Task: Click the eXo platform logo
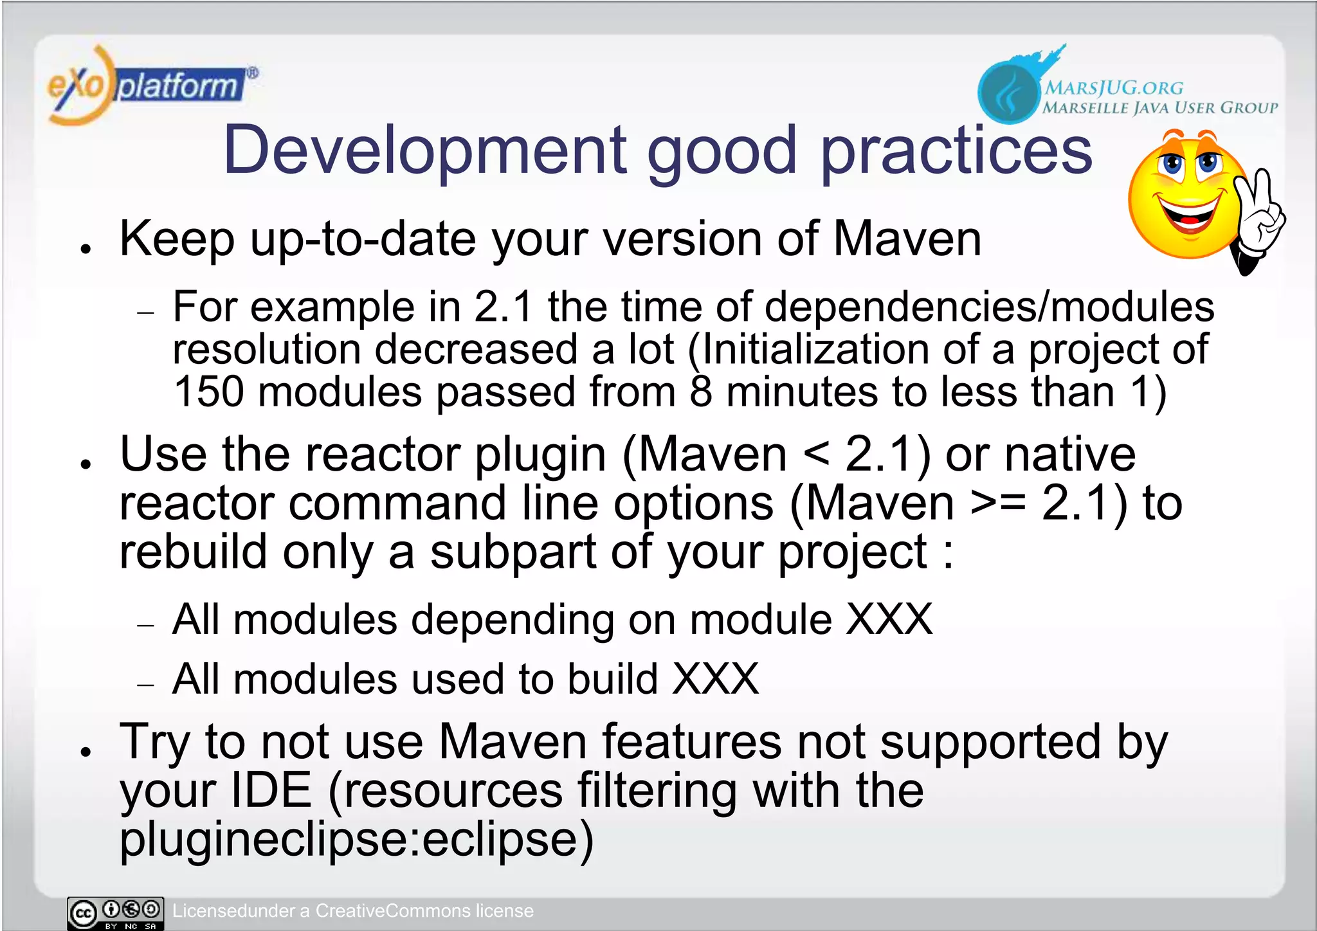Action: pos(151,86)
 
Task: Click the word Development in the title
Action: pos(425,150)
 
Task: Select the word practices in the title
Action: pos(956,152)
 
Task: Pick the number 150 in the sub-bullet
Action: pos(209,392)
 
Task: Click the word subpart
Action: pos(513,553)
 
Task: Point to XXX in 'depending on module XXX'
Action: pos(889,620)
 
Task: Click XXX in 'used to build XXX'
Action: pos(715,679)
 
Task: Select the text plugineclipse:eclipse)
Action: pos(357,840)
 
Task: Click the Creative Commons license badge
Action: pos(116,913)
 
